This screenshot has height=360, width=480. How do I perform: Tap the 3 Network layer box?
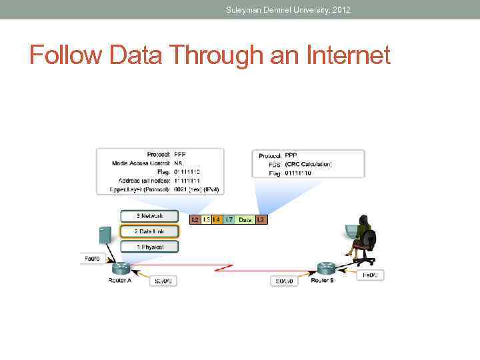(150, 216)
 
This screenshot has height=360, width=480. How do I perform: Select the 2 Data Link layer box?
(150, 231)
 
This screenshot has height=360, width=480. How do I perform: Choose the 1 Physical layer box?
(150, 247)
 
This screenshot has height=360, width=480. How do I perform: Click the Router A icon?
(122, 268)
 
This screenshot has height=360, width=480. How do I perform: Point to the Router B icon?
(326, 268)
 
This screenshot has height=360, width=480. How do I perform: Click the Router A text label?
(120, 281)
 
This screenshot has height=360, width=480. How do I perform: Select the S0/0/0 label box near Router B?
(284, 281)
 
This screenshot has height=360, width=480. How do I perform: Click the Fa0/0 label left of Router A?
(91, 259)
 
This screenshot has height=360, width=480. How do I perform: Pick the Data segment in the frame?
(245, 219)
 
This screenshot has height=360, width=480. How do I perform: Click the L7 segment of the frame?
(229, 219)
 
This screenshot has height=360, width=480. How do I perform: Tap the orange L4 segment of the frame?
(217, 219)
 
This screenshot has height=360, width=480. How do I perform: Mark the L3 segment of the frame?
(206, 219)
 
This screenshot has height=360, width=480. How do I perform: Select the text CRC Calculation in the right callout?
(308, 164)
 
